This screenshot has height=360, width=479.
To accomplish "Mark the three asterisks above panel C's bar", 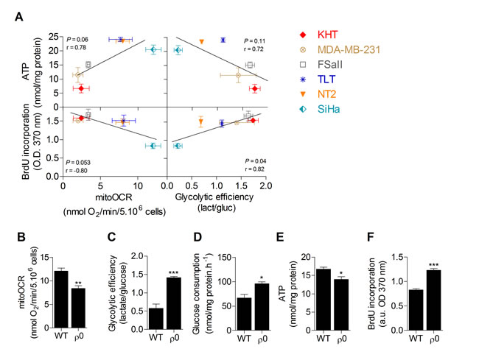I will (174, 271).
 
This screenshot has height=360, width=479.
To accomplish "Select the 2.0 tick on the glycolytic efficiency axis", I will (265, 187).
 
